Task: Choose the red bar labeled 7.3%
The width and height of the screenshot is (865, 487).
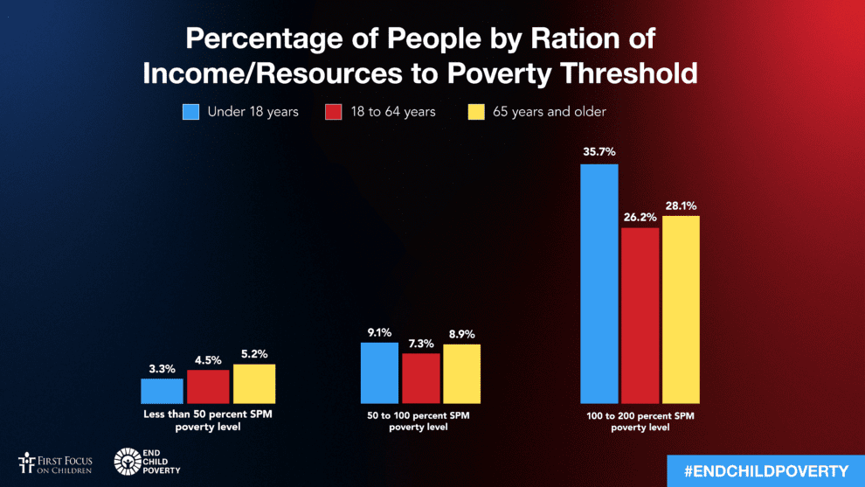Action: pos(420,378)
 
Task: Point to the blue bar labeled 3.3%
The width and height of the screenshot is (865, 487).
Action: pos(163,391)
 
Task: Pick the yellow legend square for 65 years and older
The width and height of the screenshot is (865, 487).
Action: pos(475,112)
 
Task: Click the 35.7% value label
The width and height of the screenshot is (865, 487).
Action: pos(599,152)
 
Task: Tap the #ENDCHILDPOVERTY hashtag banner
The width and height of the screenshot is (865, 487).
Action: pos(765,471)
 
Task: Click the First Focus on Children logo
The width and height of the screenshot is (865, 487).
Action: pos(54,463)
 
